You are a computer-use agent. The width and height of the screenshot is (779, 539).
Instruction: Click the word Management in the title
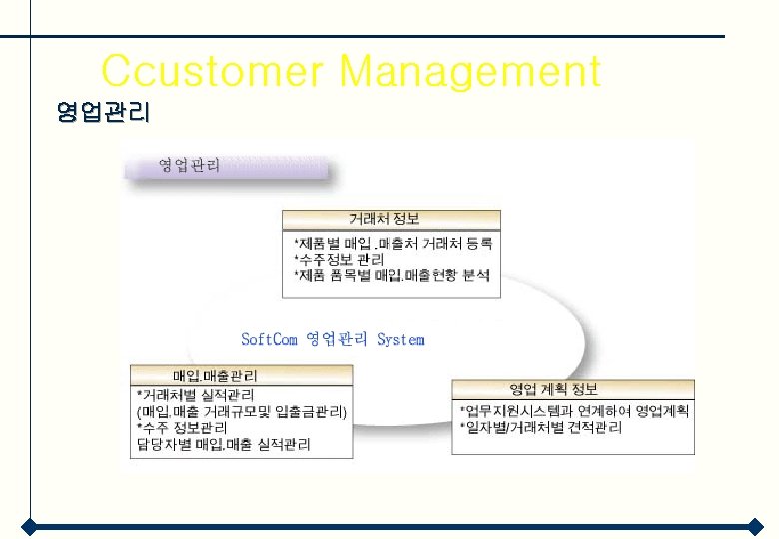[469, 72]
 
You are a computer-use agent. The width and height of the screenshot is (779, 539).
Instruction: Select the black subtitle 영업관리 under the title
[103, 113]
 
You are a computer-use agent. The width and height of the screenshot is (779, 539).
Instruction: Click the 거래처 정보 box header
[391, 219]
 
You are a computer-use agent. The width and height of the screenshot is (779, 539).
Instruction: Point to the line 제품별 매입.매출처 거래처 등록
[392, 242]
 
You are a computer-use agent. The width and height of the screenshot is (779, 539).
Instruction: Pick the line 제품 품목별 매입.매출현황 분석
[392, 275]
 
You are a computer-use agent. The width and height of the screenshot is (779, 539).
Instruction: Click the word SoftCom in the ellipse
[270, 339]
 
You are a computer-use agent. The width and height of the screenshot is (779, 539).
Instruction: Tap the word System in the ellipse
[400, 339]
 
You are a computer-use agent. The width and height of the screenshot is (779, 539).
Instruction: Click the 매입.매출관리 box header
[215, 375]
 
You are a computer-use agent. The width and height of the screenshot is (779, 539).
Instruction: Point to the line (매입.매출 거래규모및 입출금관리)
[241, 411]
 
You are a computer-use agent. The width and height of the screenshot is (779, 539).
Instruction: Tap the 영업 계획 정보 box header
[554, 389]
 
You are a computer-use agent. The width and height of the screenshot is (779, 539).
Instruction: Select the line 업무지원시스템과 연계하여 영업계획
[573, 410]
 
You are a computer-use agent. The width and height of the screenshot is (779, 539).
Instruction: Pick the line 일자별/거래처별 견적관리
[540, 427]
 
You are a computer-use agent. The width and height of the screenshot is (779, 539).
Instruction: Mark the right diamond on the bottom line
[756, 526]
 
